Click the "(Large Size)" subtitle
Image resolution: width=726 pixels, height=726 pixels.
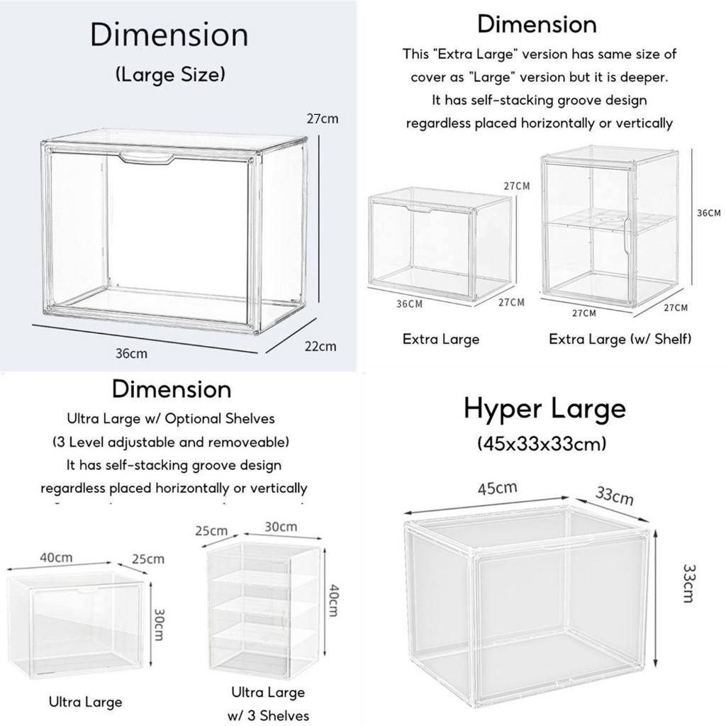169,74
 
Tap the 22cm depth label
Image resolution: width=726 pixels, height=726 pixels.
320,346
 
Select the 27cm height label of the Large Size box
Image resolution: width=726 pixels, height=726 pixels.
322,119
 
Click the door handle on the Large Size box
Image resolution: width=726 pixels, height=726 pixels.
145,157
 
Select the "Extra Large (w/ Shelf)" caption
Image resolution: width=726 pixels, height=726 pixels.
620,339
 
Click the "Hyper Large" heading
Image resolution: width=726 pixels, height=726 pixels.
544,409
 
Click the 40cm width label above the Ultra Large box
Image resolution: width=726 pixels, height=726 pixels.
55,557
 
